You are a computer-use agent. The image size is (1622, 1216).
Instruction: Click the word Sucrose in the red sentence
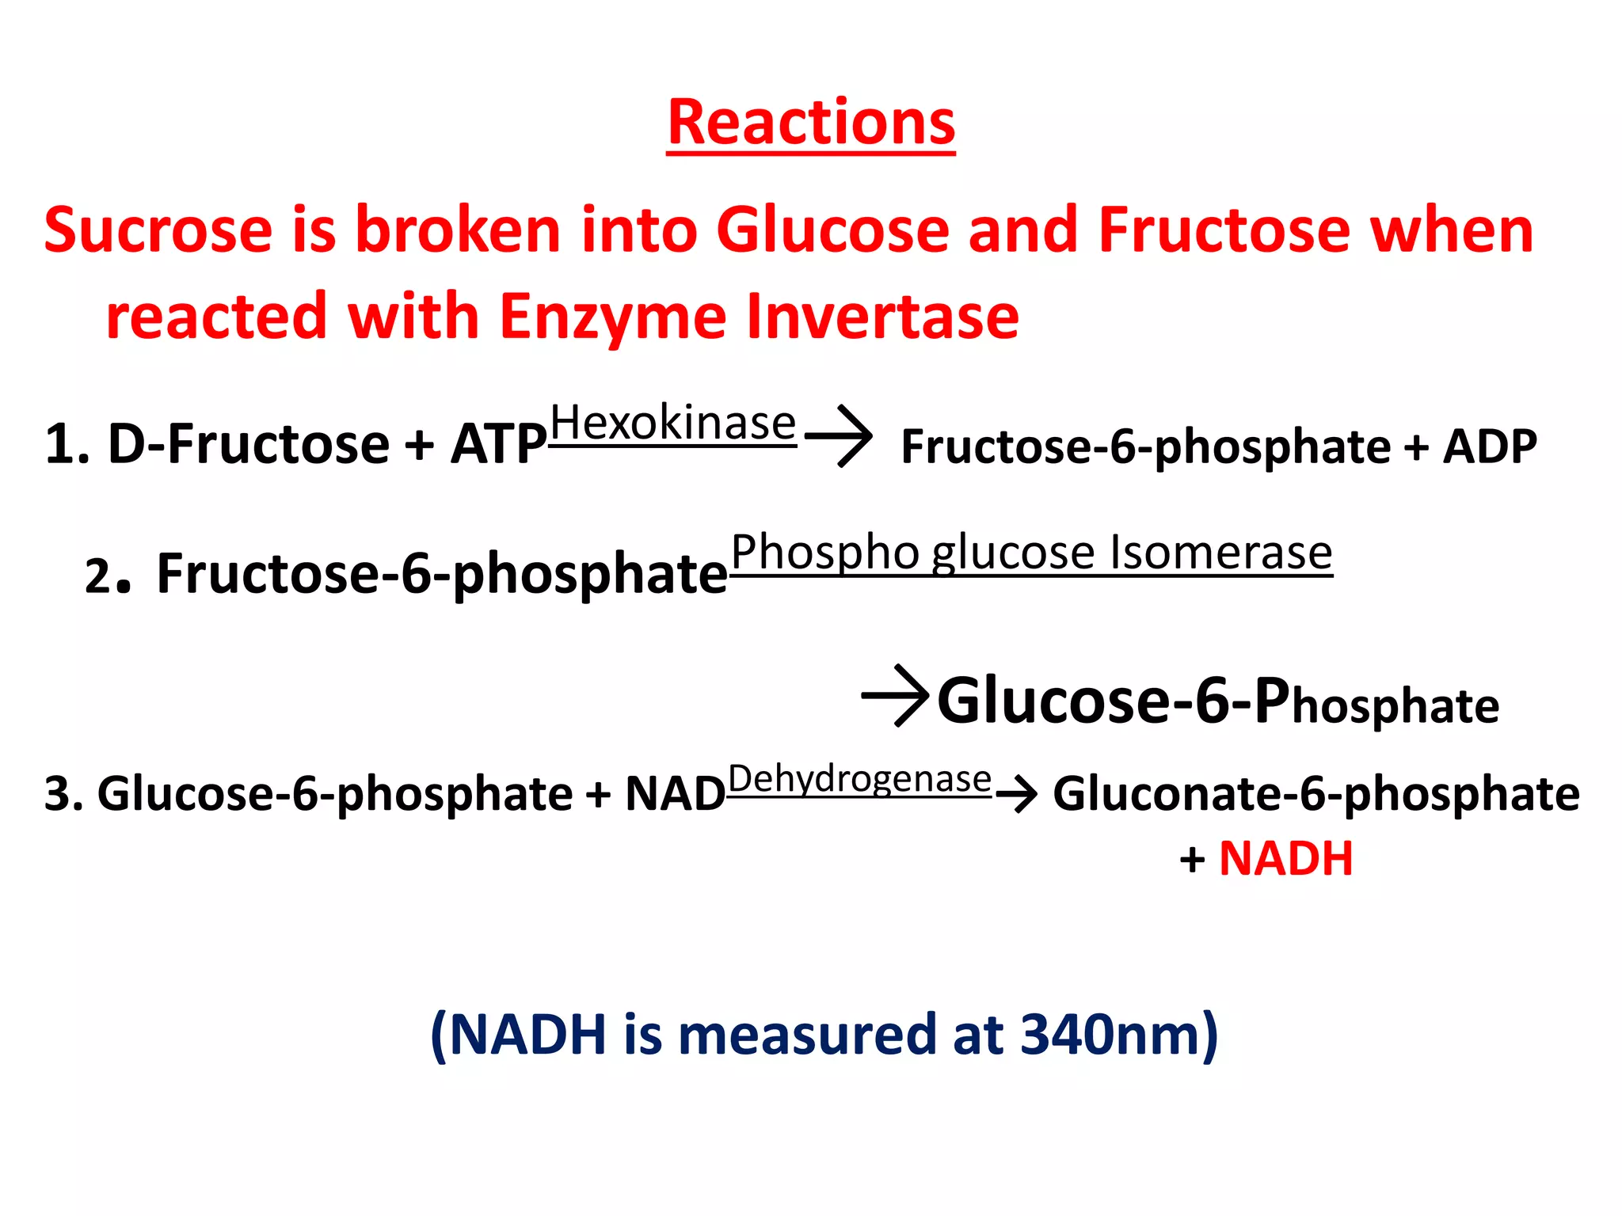(158, 230)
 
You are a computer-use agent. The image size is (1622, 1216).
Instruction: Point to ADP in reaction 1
(1490, 446)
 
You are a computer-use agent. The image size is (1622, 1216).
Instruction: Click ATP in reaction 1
(499, 444)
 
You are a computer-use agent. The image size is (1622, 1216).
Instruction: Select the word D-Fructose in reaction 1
(248, 444)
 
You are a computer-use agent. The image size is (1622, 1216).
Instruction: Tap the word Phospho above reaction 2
(824, 552)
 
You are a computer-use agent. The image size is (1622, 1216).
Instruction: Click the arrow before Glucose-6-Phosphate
(896, 696)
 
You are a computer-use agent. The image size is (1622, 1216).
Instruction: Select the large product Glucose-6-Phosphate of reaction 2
(1217, 701)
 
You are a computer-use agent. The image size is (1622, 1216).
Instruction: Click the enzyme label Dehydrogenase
(859, 779)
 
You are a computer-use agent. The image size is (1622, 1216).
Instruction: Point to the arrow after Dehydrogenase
(1019, 793)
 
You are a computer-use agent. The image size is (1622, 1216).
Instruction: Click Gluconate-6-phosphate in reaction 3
(1315, 794)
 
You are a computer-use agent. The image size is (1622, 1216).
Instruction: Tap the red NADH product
(1285, 859)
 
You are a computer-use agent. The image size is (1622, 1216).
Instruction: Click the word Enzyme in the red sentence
(612, 317)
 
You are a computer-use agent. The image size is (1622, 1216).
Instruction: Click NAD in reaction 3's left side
(675, 794)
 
